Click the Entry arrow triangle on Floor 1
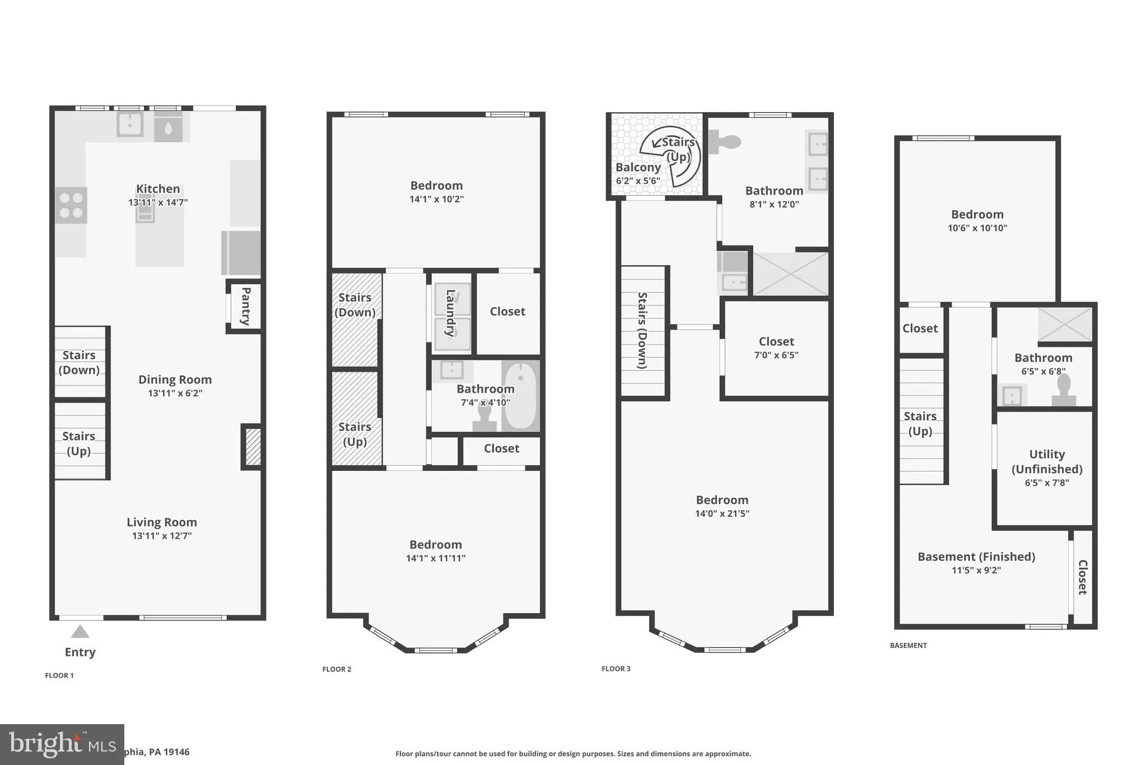tap(80, 632)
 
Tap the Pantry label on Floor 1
tap(245, 306)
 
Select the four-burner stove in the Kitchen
tap(71, 205)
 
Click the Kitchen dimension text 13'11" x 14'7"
tap(158, 202)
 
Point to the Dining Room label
tap(175, 379)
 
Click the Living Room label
tap(162, 522)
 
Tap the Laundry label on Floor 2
tap(450, 313)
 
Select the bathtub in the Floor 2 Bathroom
tap(520, 395)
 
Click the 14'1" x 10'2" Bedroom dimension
tap(436, 199)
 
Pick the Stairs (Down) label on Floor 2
tap(355, 305)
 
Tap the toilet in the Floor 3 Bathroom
tap(725, 141)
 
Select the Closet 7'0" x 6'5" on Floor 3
tap(776, 347)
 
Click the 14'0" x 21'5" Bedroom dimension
tap(722, 513)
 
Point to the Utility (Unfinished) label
tap(1046, 461)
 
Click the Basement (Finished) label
tap(976, 557)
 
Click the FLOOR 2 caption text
tap(337, 669)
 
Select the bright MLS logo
tap(62, 744)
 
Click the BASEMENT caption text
tap(908, 646)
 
